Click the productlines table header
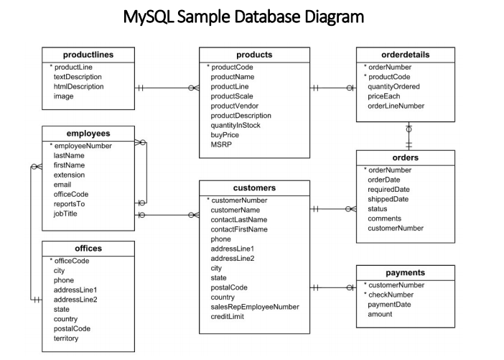point(88,55)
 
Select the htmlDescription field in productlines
point(79,86)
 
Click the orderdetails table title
point(405,55)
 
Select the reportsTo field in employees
point(70,203)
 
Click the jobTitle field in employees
point(67,213)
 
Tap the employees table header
point(88,134)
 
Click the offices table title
point(88,249)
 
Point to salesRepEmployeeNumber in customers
point(255,307)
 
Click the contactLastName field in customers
point(239,219)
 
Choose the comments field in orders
point(386,218)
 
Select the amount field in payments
point(381,314)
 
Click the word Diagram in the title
point(327,16)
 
